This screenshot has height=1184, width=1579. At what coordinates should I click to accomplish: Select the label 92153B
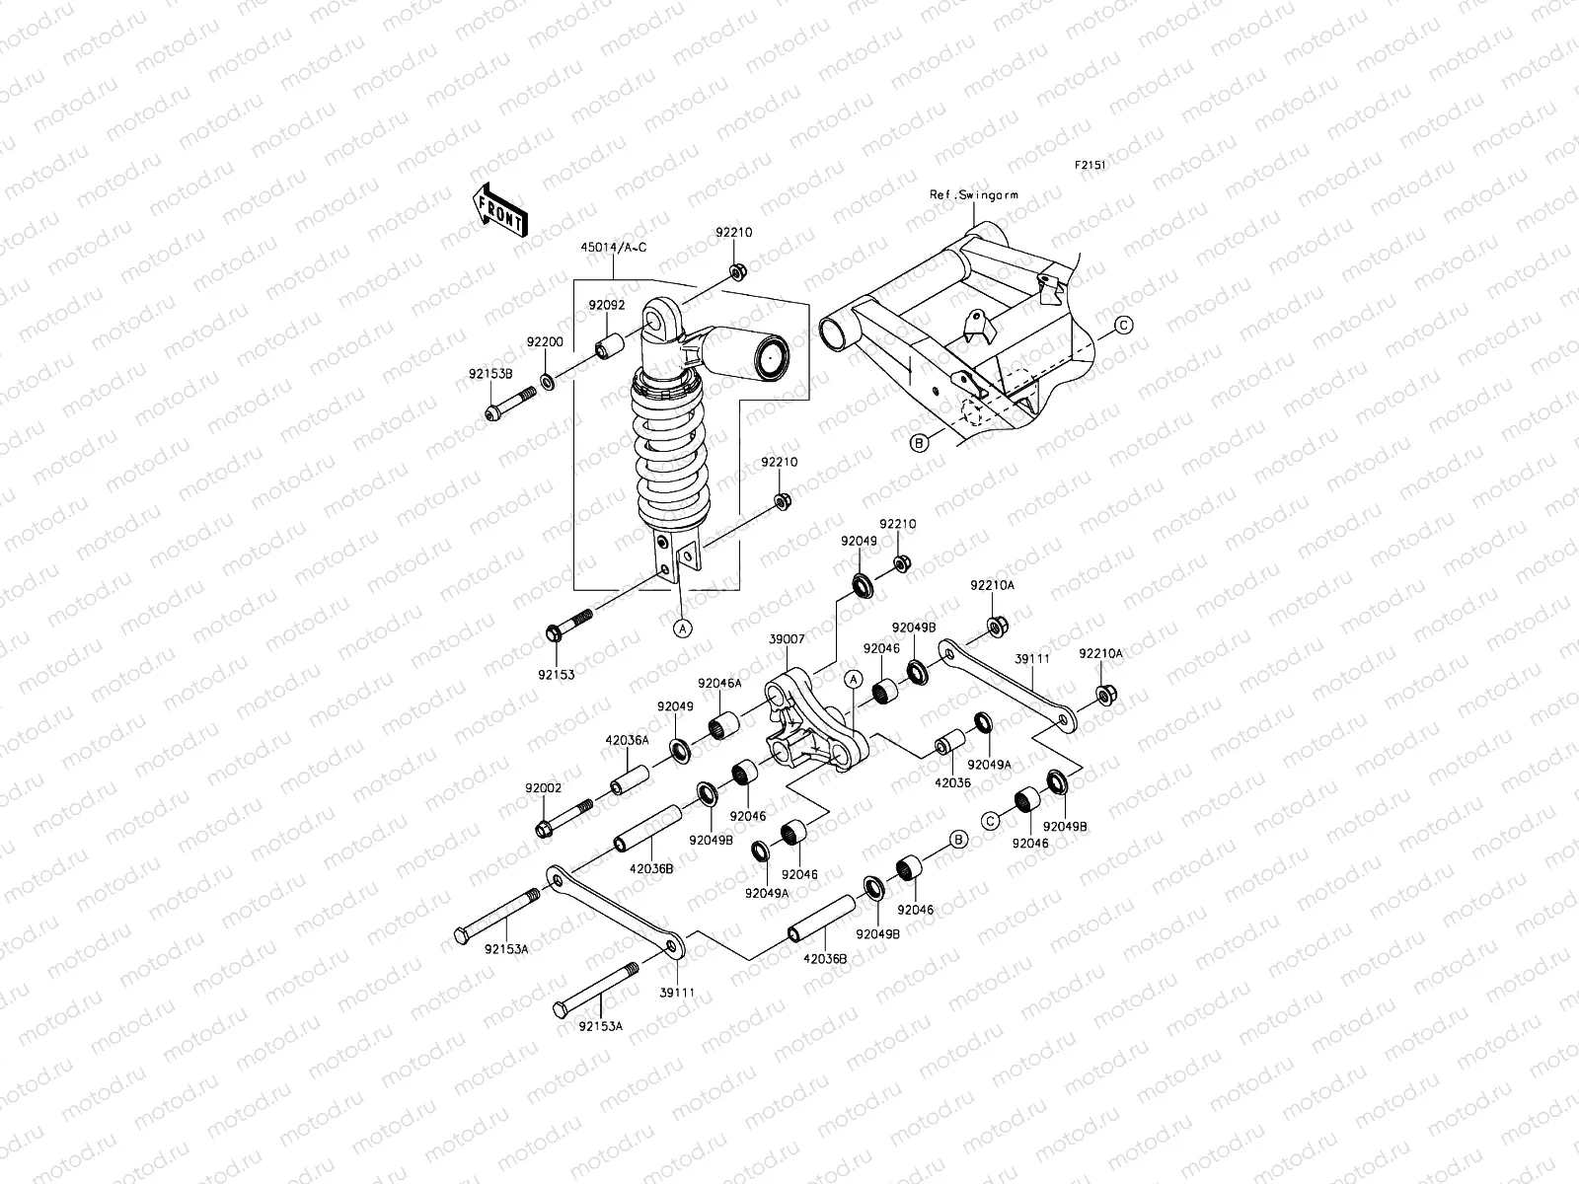point(490,375)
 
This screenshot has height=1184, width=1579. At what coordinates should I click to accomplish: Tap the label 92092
point(608,306)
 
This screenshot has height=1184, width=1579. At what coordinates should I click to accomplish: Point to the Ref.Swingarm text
point(973,195)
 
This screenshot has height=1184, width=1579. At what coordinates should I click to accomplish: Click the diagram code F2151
point(1090,166)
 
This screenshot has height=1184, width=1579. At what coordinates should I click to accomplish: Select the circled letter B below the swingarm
point(918,444)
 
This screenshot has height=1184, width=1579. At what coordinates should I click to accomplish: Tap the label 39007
point(788,639)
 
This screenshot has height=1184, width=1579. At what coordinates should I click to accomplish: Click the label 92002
point(543,788)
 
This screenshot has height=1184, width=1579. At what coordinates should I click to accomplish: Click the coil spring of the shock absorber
point(673,454)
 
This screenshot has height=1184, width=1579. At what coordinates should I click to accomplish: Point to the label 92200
point(544,341)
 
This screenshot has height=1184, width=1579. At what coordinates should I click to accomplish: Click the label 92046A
point(719,683)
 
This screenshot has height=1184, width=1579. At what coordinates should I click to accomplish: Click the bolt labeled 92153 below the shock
point(566,626)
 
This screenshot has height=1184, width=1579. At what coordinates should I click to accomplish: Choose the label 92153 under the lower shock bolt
point(557,675)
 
